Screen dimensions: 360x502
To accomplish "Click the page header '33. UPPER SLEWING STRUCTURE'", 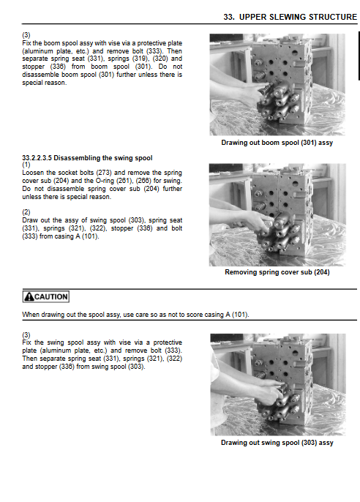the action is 290,17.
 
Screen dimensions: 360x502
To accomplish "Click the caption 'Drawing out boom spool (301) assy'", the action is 277,143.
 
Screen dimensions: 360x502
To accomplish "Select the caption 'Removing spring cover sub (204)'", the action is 277,272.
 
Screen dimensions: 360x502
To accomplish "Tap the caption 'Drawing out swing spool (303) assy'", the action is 277,443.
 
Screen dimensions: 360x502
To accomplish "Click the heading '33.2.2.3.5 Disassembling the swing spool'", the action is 87,158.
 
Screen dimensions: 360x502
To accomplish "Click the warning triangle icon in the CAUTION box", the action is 29,297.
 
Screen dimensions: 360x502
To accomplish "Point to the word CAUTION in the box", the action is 51,297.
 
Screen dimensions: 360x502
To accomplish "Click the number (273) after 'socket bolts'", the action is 104,173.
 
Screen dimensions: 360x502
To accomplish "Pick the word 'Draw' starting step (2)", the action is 29,220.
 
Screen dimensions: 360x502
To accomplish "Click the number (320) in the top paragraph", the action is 160,59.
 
